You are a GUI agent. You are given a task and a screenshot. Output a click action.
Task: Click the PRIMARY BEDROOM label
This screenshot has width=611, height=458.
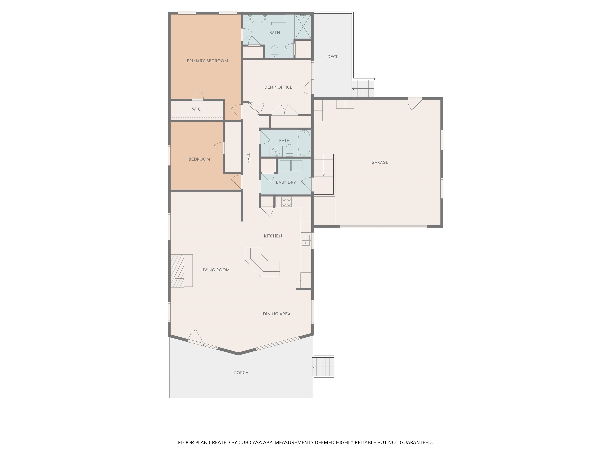click(x=207, y=61)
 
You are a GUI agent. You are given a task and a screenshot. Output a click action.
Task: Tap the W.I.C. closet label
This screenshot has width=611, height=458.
click(x=197, y=109)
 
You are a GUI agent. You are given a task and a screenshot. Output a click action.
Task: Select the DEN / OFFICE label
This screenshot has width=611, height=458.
click(x=278, y=87)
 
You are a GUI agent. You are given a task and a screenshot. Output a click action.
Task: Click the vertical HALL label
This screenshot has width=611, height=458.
click(x=249, y=158)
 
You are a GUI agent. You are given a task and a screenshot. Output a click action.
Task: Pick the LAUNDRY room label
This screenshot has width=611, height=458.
click(x=286, y=182)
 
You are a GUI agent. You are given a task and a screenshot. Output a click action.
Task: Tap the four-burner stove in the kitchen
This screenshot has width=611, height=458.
click(x=286, y=202)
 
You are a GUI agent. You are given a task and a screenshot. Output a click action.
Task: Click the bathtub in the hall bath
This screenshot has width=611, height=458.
click(x=304, y=143)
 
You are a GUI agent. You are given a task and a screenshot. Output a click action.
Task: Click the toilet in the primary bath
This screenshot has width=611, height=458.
click(x=274, y=52)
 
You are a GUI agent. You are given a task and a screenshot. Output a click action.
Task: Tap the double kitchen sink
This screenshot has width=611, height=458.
click(x=305, y=240)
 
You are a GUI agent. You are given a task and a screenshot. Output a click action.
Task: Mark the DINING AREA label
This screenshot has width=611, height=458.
click(x=276, y=314)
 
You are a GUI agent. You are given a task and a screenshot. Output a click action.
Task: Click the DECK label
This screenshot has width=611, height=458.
click(x=333, y=57)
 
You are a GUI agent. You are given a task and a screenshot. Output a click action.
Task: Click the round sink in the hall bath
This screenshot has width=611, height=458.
click(x=275, y=152)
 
